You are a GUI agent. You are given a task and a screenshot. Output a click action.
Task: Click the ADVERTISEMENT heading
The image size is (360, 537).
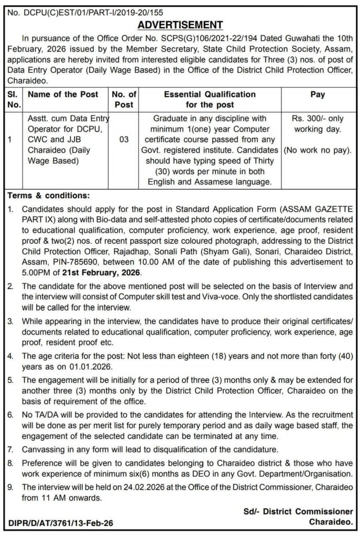[180, 25]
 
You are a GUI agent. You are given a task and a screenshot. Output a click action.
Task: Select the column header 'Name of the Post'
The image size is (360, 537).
[62, 95]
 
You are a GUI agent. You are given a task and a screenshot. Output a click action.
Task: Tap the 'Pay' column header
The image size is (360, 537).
[318, 95]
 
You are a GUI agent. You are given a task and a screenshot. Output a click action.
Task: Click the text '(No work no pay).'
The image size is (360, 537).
[318, 151]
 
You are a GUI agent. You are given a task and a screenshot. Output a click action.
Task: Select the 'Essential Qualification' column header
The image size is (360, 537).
[210, 95]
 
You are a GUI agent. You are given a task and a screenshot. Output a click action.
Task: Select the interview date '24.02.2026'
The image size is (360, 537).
[135, 488]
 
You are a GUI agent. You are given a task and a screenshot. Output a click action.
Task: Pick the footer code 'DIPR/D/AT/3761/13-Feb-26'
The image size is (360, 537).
[61, 523]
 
